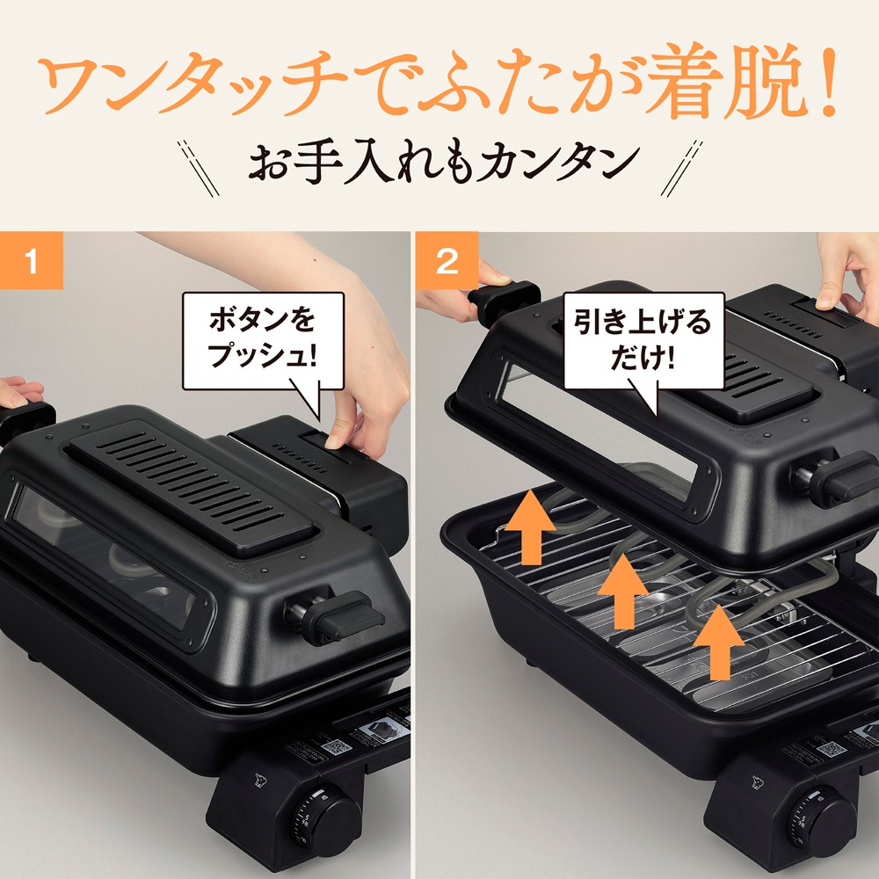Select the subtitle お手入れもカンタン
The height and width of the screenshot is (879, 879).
[439, 162]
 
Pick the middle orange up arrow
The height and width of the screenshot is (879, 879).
[625, 590]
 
